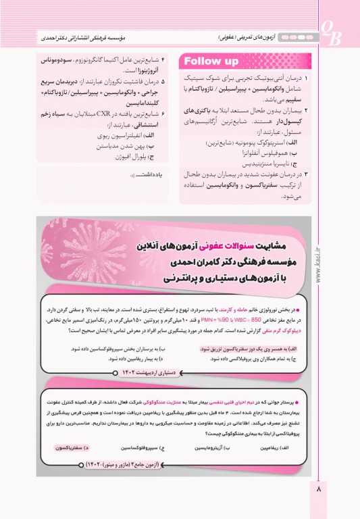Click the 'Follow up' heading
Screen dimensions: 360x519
click(212, 62)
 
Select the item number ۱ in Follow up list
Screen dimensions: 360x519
click(307, 79)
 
